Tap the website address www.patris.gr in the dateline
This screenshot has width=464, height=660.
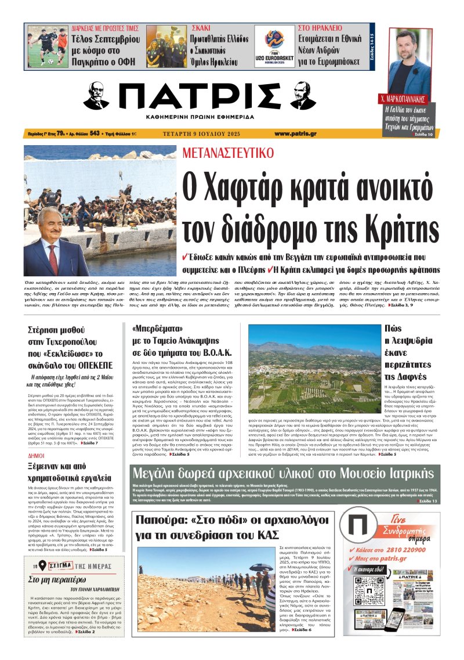295,133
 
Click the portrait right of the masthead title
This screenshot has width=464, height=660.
302,95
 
